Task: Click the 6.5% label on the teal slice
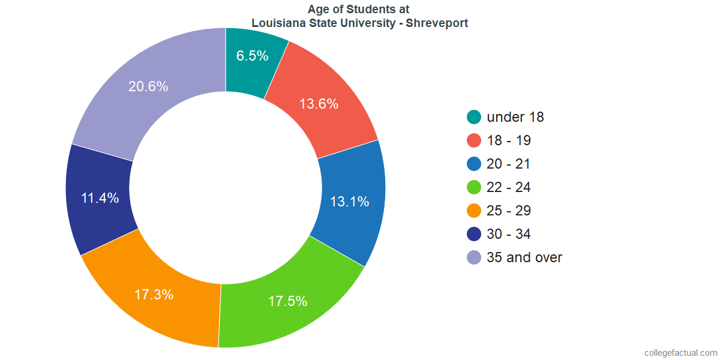click(x=252, y=56)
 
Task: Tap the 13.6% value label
click(x=319, y=104)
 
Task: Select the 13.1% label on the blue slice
click(x=349, y=202)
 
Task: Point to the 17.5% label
click(x=287, y=301)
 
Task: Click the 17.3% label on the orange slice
click(x=154, y=295)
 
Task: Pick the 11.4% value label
click(x=100, y=198)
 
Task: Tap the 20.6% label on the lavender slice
click(x=148, y=86)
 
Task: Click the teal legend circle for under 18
click(x=474, y=117)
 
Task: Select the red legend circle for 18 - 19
click(x=474, y=140)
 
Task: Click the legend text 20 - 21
click(x=508, y=164)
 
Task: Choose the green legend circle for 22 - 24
click(x=474, y=187)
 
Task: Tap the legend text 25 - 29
click(x=508, y=211)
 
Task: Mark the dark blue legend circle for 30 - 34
click(x=474, y=234)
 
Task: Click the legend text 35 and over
click(x=524, y=257)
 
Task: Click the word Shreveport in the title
click(x=437, y=23)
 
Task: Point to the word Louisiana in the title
click(x=277, y=23)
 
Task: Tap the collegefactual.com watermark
click(x=680, y=353)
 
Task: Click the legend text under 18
click(x=515, y=117)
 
